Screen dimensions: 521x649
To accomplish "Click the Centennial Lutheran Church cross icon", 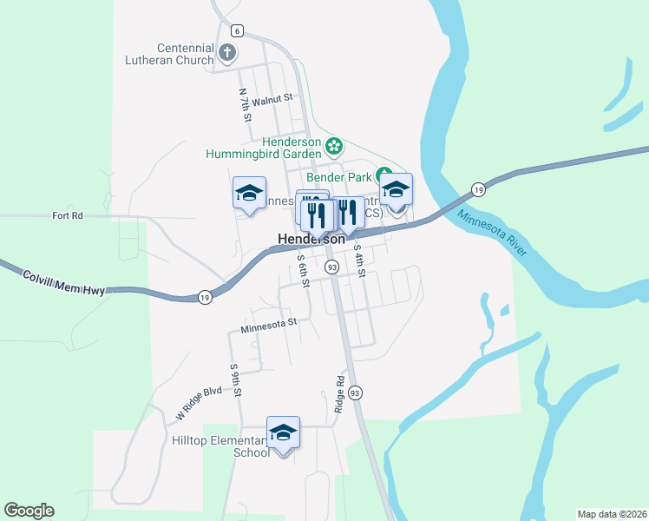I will pos(228,54).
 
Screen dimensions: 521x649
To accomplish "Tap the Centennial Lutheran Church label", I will pos(185,54).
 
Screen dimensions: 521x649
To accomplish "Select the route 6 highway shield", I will pos(238,31).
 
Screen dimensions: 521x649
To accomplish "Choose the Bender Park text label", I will pos(341,176).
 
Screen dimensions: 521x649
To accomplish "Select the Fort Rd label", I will pos(67,215).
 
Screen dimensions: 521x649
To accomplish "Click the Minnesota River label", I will pos(492,233).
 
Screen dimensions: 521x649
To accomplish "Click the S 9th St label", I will pos(235,380).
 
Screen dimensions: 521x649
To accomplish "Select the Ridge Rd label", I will pos(340,394).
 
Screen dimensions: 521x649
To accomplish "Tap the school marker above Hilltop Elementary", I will pos(284,433).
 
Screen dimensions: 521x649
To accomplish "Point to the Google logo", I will pos(29,511).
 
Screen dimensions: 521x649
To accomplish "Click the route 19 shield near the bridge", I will pos(478,189).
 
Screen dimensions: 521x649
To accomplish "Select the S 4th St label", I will pos(360,260).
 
